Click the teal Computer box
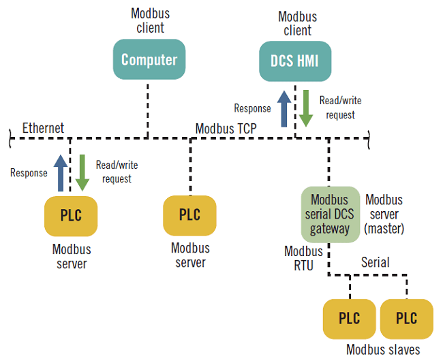[x=149, y=60]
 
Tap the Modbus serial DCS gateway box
[x=330, y=215]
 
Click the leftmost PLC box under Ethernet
[x=71, y=216]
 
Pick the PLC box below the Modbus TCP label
[x=189, y=215]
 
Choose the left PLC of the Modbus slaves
[x=349, y=319]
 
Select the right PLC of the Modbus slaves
[x=407, y=319]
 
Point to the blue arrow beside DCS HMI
[x=284, y=106]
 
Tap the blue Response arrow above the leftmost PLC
[x=61, y=172]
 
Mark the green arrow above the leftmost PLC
[x=82, y=173]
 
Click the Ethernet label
[x=43, y=128]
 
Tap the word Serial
[x=375, y=262]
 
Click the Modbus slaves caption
[x=383, y=350]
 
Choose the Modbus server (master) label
[x=384, y=215]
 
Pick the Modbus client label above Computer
[x=150, y=20]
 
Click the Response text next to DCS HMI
[x=252, y=108]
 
